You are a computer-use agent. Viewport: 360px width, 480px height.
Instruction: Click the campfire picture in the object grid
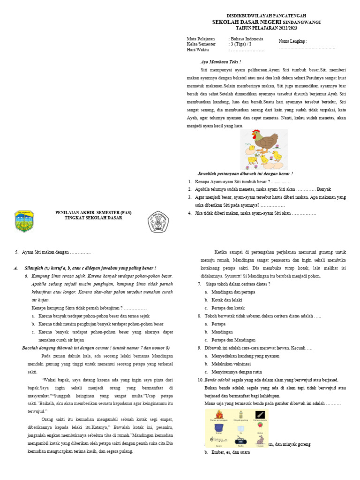[x=219, y=414]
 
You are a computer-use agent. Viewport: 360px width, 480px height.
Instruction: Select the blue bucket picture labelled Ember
[x=219, y=427]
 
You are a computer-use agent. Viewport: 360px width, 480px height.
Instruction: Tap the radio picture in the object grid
[x=240, y=441]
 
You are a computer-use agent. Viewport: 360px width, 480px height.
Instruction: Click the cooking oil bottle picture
[x=240, y=414]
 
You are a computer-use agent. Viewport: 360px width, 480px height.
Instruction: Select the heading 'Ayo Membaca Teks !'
[x=220, y=62]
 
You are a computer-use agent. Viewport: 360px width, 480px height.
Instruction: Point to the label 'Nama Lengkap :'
[x=293, y=41]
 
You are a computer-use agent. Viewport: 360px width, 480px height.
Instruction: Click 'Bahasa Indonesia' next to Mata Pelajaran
[x=246, y=39]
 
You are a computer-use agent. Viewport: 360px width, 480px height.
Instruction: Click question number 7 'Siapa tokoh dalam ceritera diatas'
[x=233, y=284]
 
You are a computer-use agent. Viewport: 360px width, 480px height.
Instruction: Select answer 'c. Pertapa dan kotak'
[x=225, y=308]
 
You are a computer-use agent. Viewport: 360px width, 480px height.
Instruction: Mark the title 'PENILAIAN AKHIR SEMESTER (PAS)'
[x=94, y=213]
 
